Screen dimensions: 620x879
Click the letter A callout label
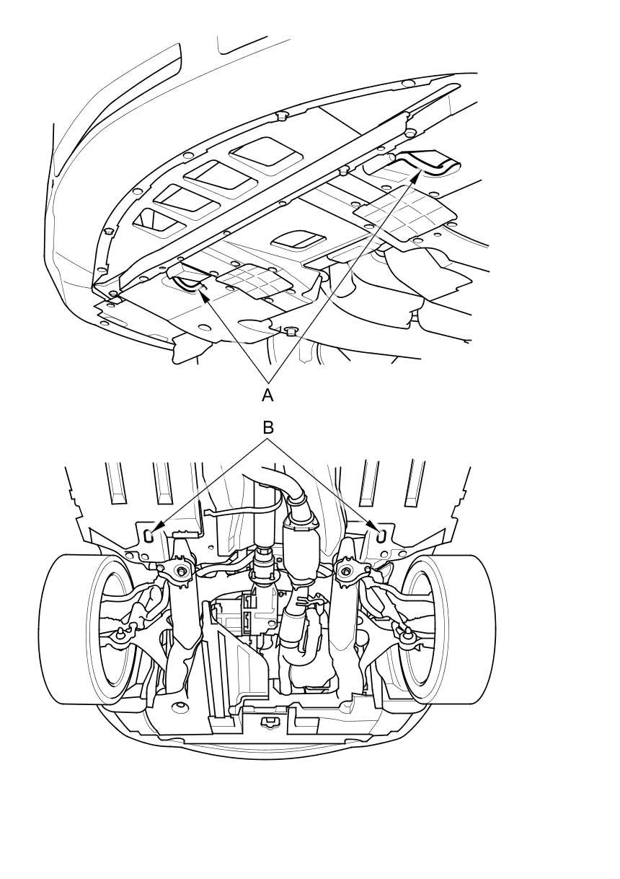click(x=267, y=395)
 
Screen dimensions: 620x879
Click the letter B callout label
click(x=268, y=428)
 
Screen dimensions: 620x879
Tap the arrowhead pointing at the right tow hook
click(x=416, y=176)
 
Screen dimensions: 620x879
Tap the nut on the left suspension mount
click(x=182, y=571)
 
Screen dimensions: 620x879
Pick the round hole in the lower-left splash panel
click(x=180, y=705)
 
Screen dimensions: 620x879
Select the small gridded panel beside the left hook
click(x=254, y=281)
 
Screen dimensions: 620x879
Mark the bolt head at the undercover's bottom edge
click(x=290, y=331)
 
